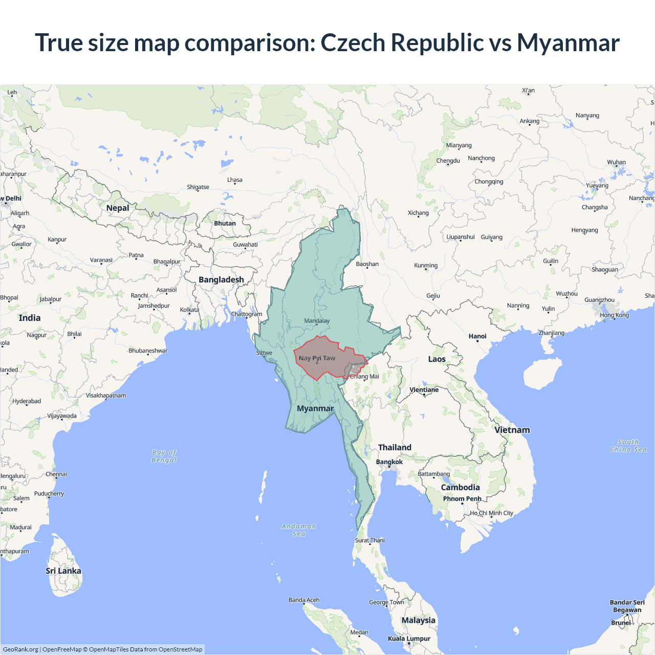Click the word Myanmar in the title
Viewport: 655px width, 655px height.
(568, 42)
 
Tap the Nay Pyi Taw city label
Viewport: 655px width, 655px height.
(317, 358)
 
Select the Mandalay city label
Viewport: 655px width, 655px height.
(317, 321)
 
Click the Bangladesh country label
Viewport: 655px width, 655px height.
(221, 279)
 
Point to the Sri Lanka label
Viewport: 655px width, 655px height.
(63, 571)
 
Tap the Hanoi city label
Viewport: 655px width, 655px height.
(477, 336)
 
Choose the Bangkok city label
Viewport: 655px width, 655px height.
(389, 462)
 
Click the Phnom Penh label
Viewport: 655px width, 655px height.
(462, 498)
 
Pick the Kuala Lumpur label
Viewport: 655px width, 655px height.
(409, 638)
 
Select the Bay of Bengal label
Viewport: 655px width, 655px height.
(164, 456)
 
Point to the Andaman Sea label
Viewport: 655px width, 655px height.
(299, 530)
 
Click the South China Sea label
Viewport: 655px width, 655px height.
(628, 446)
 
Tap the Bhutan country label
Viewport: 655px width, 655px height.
(225, 223)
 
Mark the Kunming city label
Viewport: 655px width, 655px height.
(426, 265)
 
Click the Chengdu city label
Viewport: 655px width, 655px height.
(448, 161)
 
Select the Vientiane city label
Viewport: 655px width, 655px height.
(424, 389)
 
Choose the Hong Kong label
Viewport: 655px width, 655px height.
(615, 315)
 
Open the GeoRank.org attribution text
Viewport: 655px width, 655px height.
(20, 649)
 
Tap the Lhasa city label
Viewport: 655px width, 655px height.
(235, 180)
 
